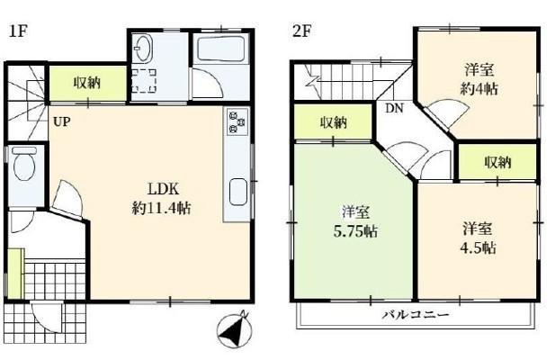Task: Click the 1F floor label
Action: pos(18,31)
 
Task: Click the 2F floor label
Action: pos(302,31)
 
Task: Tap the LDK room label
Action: pos(163,189)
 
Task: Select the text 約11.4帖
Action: pos(162,208)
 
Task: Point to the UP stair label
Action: pos(61,122)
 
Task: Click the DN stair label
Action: pos(394,108)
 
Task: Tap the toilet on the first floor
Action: pos(24,164)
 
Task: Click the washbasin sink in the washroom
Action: pos(144,49)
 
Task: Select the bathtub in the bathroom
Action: pos(221,49)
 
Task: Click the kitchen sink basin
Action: pos(238,193)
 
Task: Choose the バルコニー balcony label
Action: pos(416,314)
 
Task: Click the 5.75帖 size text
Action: pos(355,231)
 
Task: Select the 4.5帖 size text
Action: pos(478,248)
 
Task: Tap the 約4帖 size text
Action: pos(479,88)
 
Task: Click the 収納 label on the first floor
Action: pos(87,83)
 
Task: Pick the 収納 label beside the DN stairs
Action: pos(334,122)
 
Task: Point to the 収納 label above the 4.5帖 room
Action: pos(497,162)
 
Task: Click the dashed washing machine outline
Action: pos(144,81)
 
